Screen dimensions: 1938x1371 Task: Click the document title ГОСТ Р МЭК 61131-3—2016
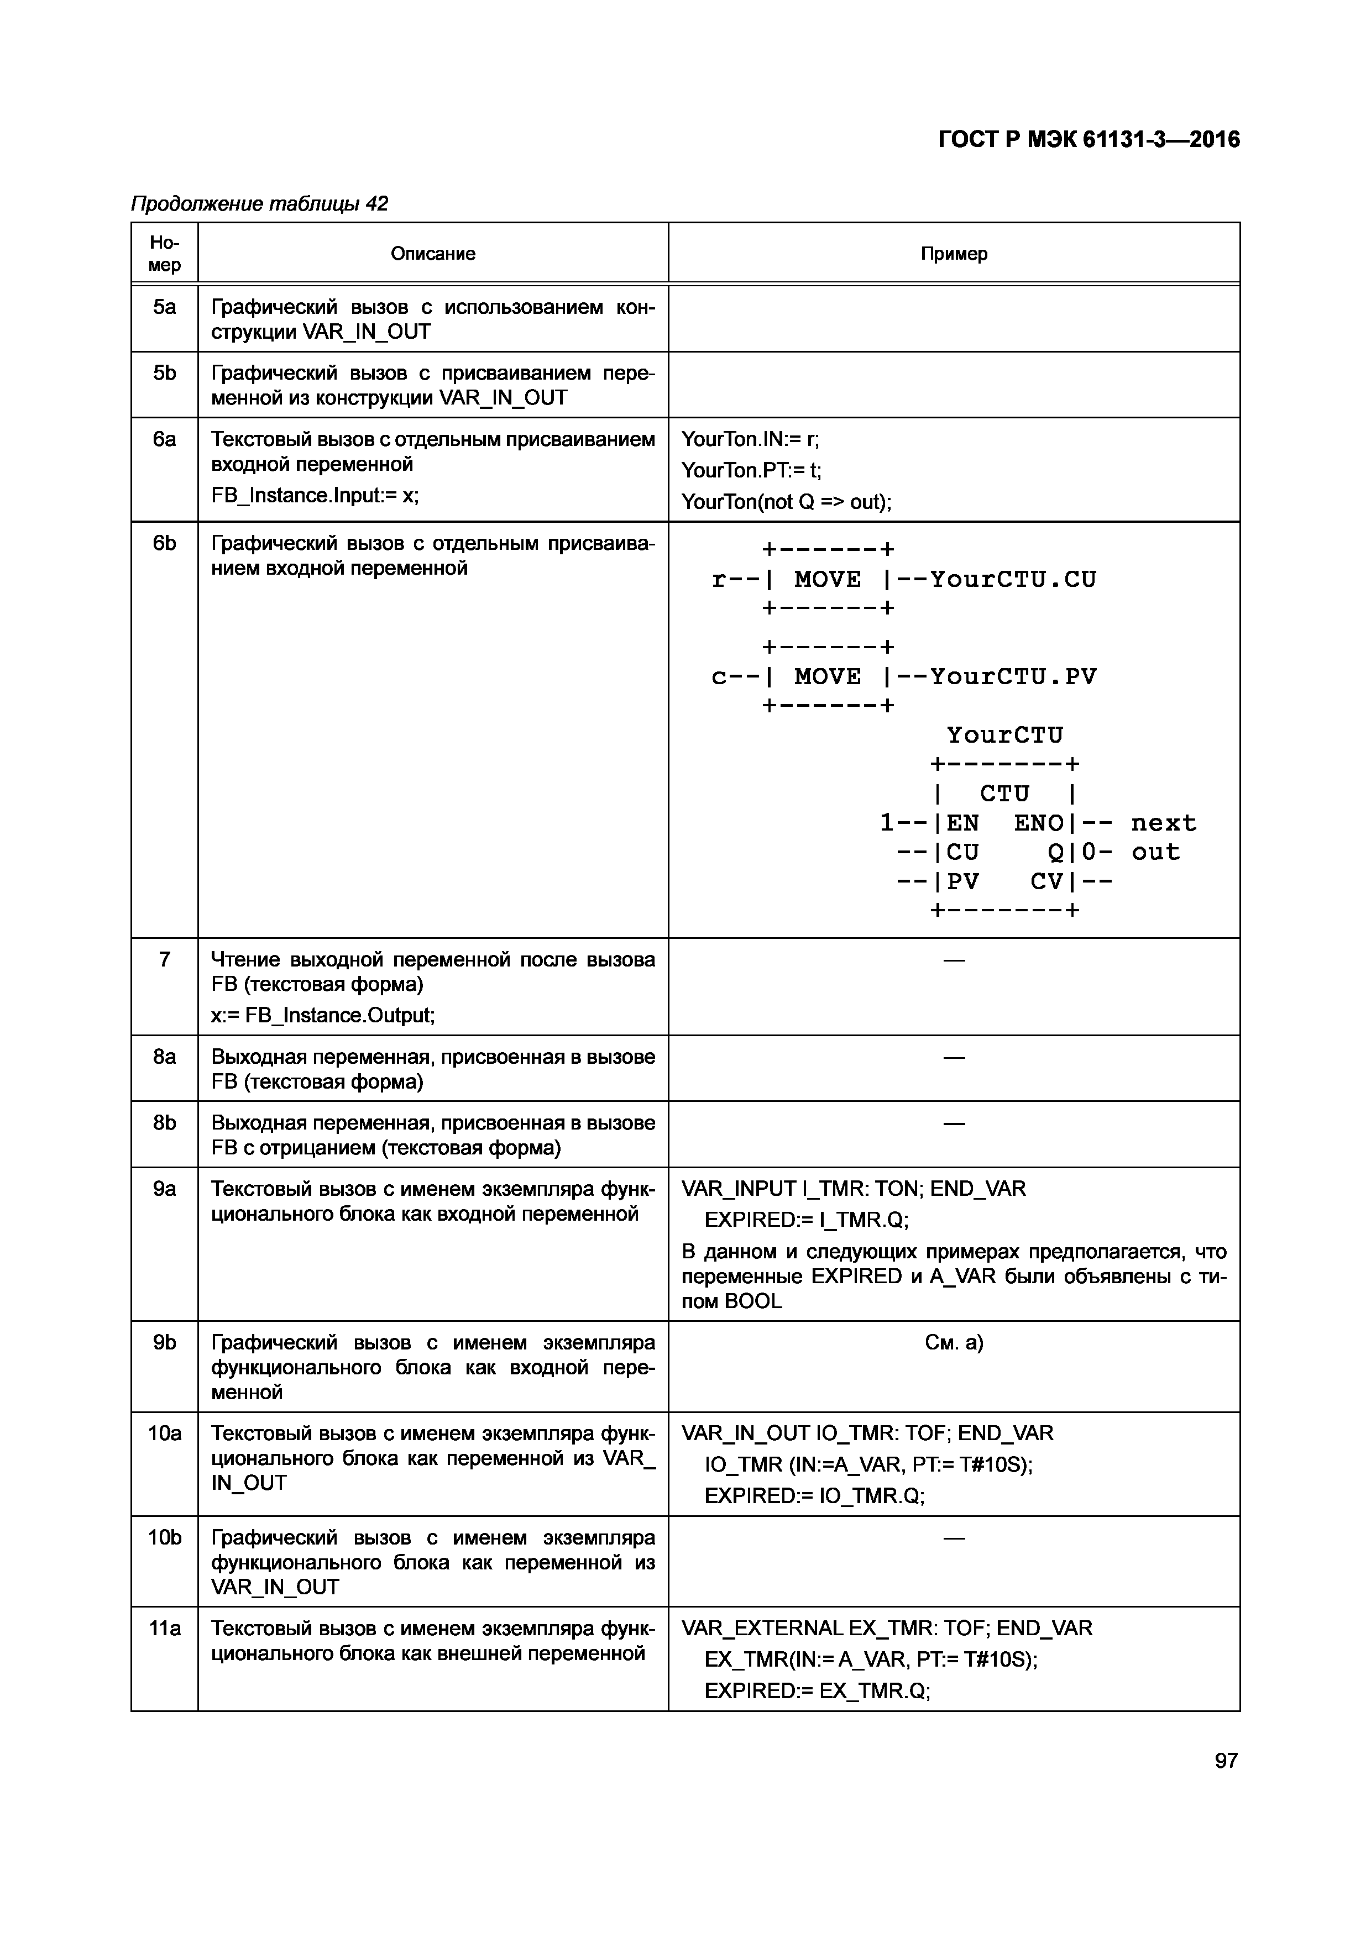point(1089,139)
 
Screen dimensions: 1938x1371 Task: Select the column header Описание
point(432,253)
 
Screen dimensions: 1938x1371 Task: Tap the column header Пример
point(954,253)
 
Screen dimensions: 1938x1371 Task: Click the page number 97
point(1226,1760)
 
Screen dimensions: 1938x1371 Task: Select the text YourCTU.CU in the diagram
point(1013,579)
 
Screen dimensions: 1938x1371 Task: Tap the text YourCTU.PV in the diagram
point(1013,676)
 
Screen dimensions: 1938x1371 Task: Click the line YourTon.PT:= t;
point(751,470)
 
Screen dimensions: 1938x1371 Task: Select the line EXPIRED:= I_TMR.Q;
point(806,1220)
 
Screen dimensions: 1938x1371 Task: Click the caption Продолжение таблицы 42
point(259,203)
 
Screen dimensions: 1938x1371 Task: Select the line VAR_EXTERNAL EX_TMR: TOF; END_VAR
point(886,1628)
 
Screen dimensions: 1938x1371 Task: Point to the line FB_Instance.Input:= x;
point(315,495)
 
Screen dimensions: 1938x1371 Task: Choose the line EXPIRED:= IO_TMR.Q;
point(815,1496)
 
